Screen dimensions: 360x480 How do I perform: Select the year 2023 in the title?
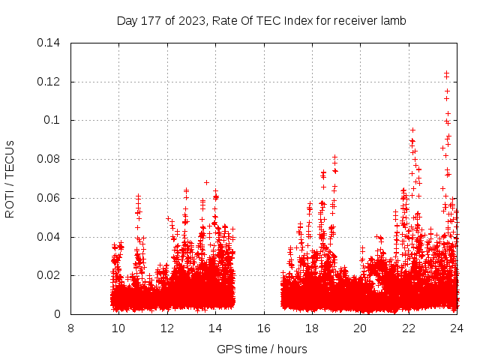188,20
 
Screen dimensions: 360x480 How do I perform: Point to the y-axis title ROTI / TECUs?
10,178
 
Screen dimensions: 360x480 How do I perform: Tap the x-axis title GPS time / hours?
262,349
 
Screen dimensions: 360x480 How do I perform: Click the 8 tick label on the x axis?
70,328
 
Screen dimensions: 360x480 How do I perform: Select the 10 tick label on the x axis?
118,328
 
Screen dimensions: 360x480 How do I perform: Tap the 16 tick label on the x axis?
263,328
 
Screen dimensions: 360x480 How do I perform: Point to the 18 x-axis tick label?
311,328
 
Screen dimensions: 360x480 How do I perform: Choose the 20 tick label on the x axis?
360,328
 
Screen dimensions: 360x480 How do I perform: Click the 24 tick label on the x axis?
456,328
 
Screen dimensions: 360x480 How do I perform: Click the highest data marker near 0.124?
446,73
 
